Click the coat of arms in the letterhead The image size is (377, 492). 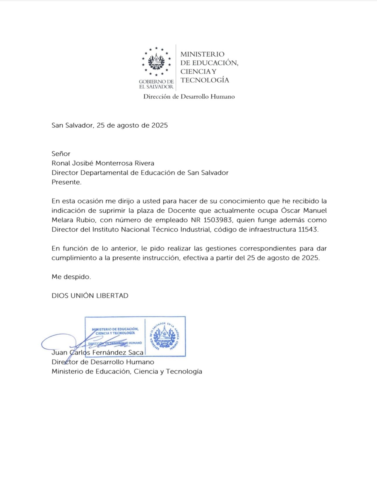[x=156, y=61]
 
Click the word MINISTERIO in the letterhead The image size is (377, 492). [x=202, y=54]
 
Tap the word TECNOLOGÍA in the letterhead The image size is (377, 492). [x=205, y=80]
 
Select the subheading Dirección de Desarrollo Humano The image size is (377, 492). [x=189, y=97]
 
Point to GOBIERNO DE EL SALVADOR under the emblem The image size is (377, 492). [x=156, y=84]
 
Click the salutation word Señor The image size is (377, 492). [x=61, y=154]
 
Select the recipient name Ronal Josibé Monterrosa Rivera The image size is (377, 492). [x=103, y=163]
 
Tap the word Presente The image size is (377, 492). [x=66, y=182]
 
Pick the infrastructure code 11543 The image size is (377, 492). [x=308, y=229]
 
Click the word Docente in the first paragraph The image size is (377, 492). [x=182, y=211]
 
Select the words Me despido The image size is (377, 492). [x=71, y=277]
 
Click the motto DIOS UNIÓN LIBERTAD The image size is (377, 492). [x=90, y=296]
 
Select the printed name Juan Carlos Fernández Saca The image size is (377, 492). [x=97, y=353]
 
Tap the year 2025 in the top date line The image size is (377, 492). [x=160, y=125]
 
